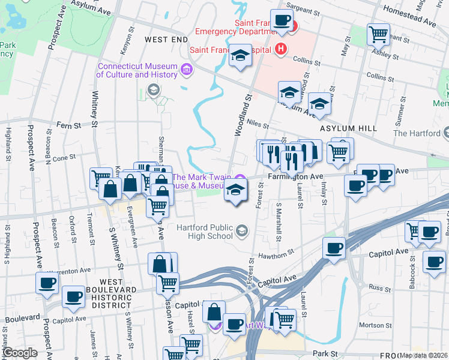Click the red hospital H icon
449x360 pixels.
(280, 49)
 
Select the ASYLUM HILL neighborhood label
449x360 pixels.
(348, 128)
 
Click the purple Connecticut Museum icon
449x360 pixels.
(186, 70)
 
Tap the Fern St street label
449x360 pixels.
(68, 126)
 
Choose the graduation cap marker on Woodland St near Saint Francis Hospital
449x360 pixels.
(240, 57)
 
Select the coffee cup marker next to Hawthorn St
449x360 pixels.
(334, 248)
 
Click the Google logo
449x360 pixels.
(20, 353)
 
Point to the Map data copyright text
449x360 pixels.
(423, 355)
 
